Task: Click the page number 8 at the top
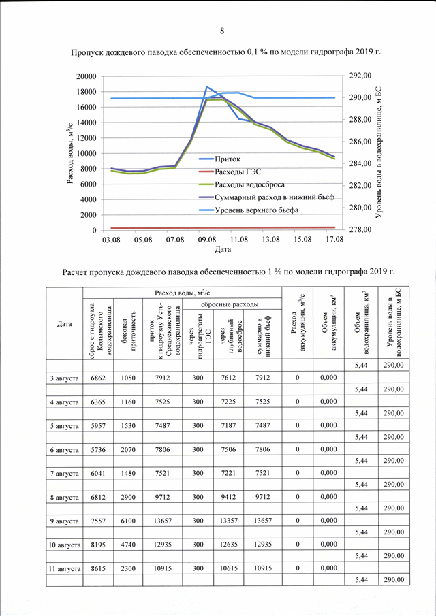coord(222,31)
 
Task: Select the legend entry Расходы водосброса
coord(249,184)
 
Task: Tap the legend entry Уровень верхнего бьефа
coord(256,210)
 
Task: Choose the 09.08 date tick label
coord(207,240)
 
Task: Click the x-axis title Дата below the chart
coord(223,249)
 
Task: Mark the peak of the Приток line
coord(207,86)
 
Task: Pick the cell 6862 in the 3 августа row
coord(98,378)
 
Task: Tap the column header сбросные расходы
coord(232,304)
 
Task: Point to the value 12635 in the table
coord(228,544)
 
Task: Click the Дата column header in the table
coord(64,324)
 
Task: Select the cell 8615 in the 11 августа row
coord(98,568)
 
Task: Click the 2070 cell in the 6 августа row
coord(128,449)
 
